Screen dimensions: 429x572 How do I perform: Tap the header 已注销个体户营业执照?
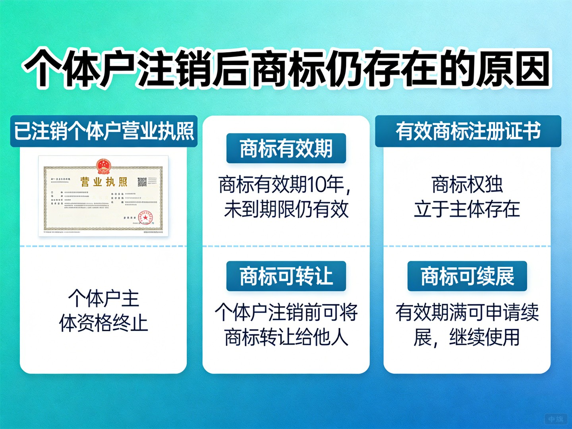(104, 131)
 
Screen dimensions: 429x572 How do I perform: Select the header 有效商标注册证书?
(468, 131)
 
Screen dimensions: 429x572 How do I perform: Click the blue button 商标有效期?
(286, 149)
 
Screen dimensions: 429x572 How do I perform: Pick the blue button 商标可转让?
(286, 276)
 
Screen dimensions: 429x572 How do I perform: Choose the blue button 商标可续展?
(467, 276)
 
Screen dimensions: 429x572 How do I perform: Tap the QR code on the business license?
(142, 182)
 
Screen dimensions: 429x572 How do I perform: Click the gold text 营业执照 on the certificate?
(104, 182)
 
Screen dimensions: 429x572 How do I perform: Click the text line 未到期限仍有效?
(286, 209)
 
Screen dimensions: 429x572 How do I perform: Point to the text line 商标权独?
(467, 185)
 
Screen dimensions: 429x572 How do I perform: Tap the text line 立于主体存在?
(467, 209)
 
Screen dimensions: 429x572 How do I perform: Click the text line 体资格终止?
(104, 323)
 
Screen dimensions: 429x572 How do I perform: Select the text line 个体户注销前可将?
(286, 313)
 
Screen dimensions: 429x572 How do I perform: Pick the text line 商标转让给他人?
(286, 337)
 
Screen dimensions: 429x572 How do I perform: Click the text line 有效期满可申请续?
(467, 313)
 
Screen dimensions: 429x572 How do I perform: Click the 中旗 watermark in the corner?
(556, 419)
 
